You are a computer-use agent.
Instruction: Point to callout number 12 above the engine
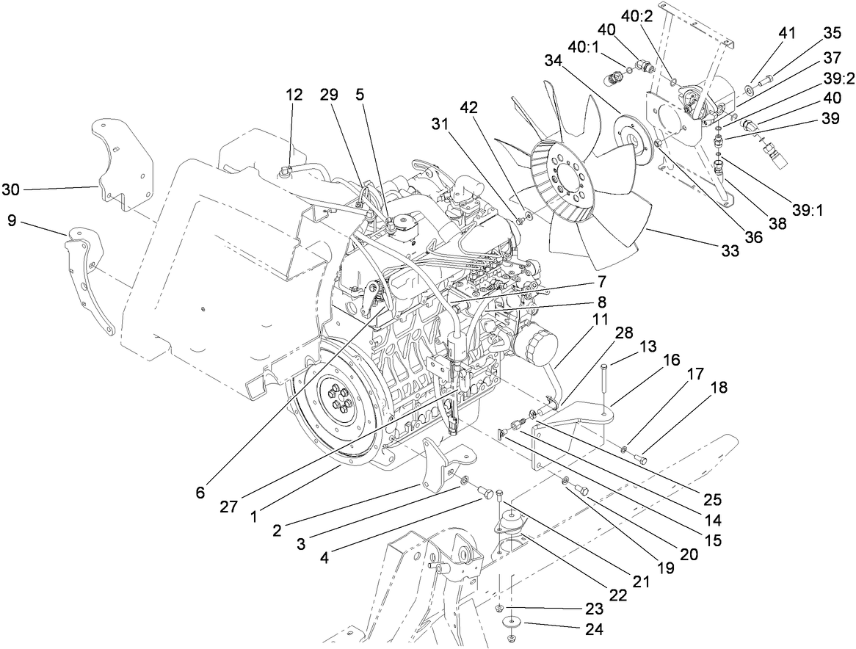point(294,94)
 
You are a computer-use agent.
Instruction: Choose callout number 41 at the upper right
point(787,33)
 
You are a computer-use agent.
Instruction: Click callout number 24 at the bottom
point(593,628)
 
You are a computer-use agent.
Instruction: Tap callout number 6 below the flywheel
point(200,491)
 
